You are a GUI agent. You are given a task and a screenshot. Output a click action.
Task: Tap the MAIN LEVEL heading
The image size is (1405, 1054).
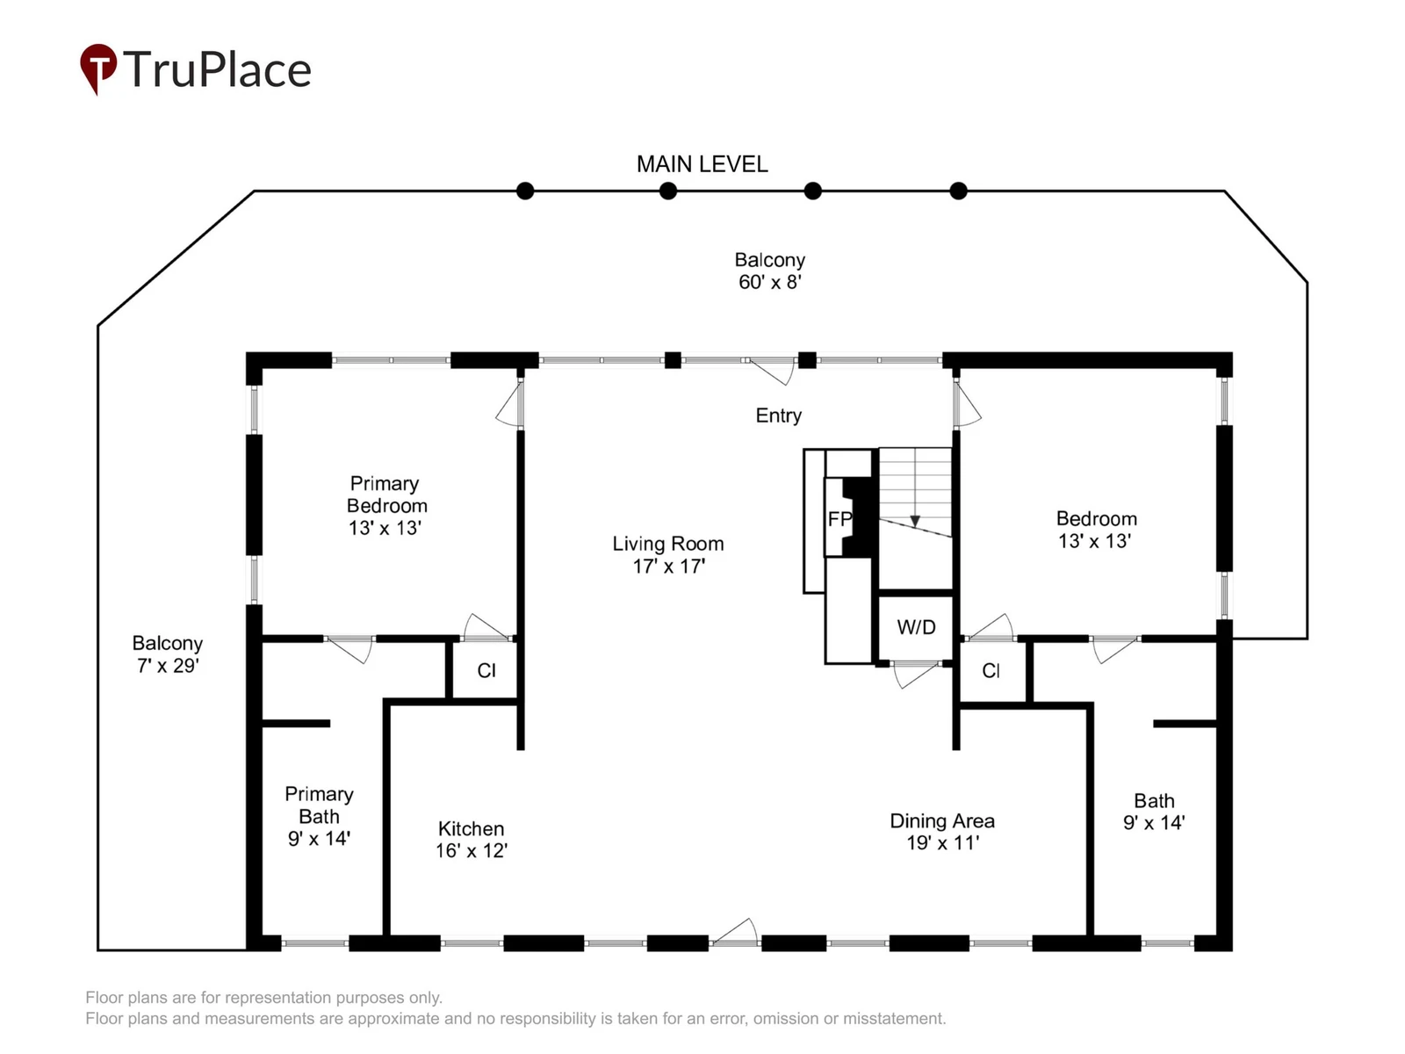[x=702, y=164]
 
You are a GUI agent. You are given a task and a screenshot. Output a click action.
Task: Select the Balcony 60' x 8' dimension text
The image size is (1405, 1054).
[x=770, y=282]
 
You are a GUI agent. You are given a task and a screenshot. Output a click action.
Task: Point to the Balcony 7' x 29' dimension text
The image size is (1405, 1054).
[x=168, y=666]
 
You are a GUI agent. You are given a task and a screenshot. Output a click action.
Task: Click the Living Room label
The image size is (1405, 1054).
[x=668, y=544]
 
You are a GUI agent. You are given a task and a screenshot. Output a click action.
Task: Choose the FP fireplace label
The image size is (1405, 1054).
[x=839, y=519]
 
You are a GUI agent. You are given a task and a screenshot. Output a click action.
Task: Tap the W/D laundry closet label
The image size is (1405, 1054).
[x=916, y=627]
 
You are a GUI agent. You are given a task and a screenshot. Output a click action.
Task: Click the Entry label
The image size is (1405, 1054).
[x=778, y=416]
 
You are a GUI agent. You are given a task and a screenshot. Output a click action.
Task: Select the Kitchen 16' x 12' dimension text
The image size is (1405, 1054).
[x=472, y=851]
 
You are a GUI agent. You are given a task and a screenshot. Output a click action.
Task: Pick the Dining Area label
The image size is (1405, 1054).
[x=942, y=821]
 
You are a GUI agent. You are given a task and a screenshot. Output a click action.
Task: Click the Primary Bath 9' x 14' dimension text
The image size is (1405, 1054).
[x=319, y=839]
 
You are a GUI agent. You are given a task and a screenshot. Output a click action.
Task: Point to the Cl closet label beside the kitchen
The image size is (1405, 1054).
[x=486, y=671]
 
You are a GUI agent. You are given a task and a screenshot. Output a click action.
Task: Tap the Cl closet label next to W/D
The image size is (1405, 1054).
[x=991, y=671]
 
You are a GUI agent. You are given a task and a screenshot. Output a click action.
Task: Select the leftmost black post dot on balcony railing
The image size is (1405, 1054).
[x=525, y=191]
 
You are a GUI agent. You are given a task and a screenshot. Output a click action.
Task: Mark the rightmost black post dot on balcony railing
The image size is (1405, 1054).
[x=958, y=191]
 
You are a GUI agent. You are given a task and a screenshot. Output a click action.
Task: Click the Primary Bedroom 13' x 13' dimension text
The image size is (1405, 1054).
[x=385, y=529]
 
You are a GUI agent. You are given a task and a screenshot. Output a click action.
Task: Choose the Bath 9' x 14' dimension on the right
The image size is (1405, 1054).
[x=1154, y=823]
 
